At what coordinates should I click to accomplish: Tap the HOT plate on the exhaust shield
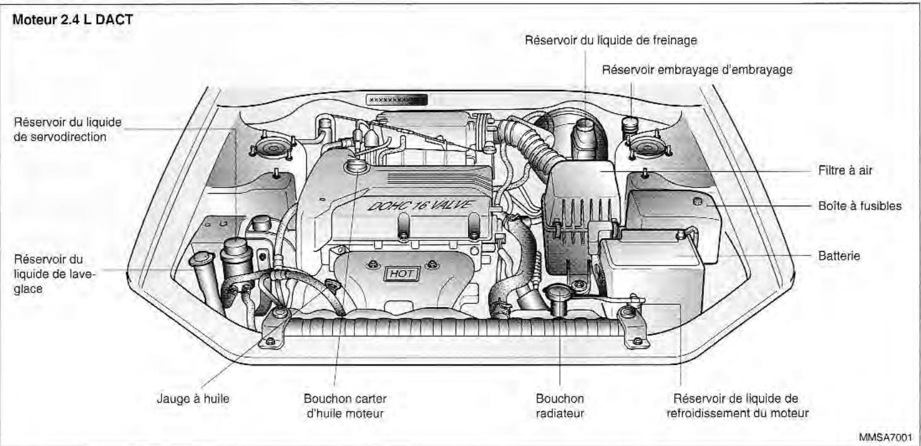(x=399, y=274)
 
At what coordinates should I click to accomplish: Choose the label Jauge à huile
(x=188, y=399)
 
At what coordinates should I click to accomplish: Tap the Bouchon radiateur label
(x=560, y=406)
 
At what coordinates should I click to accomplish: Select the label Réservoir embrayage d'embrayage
(x=697, y=70)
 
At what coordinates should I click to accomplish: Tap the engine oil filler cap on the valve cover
(x=356, y=165)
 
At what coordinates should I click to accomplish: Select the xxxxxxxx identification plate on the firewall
(x=396, y=99)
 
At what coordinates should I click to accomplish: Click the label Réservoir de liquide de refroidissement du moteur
(x=735, y=406)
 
